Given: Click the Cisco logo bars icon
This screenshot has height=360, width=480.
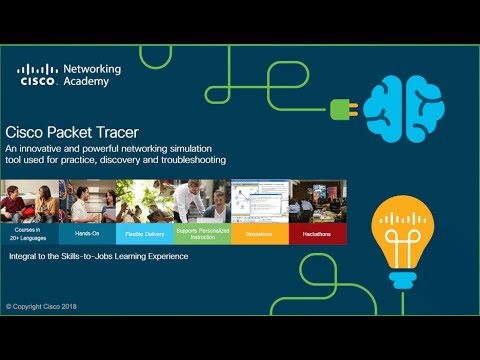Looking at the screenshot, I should click(x=37, y=70).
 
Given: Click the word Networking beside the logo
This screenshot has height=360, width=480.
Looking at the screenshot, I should click(x=92, y=70).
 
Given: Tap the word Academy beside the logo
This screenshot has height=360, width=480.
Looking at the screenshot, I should click(x=86, y=83).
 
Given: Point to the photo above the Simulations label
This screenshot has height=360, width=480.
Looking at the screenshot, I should click(x=260, y=201).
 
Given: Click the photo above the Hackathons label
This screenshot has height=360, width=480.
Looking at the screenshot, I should click(x=318, y=201).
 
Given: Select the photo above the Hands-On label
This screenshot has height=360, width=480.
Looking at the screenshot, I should click(x=86, y=201).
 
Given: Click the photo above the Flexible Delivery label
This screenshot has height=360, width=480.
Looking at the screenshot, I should click(x=144, y=201).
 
